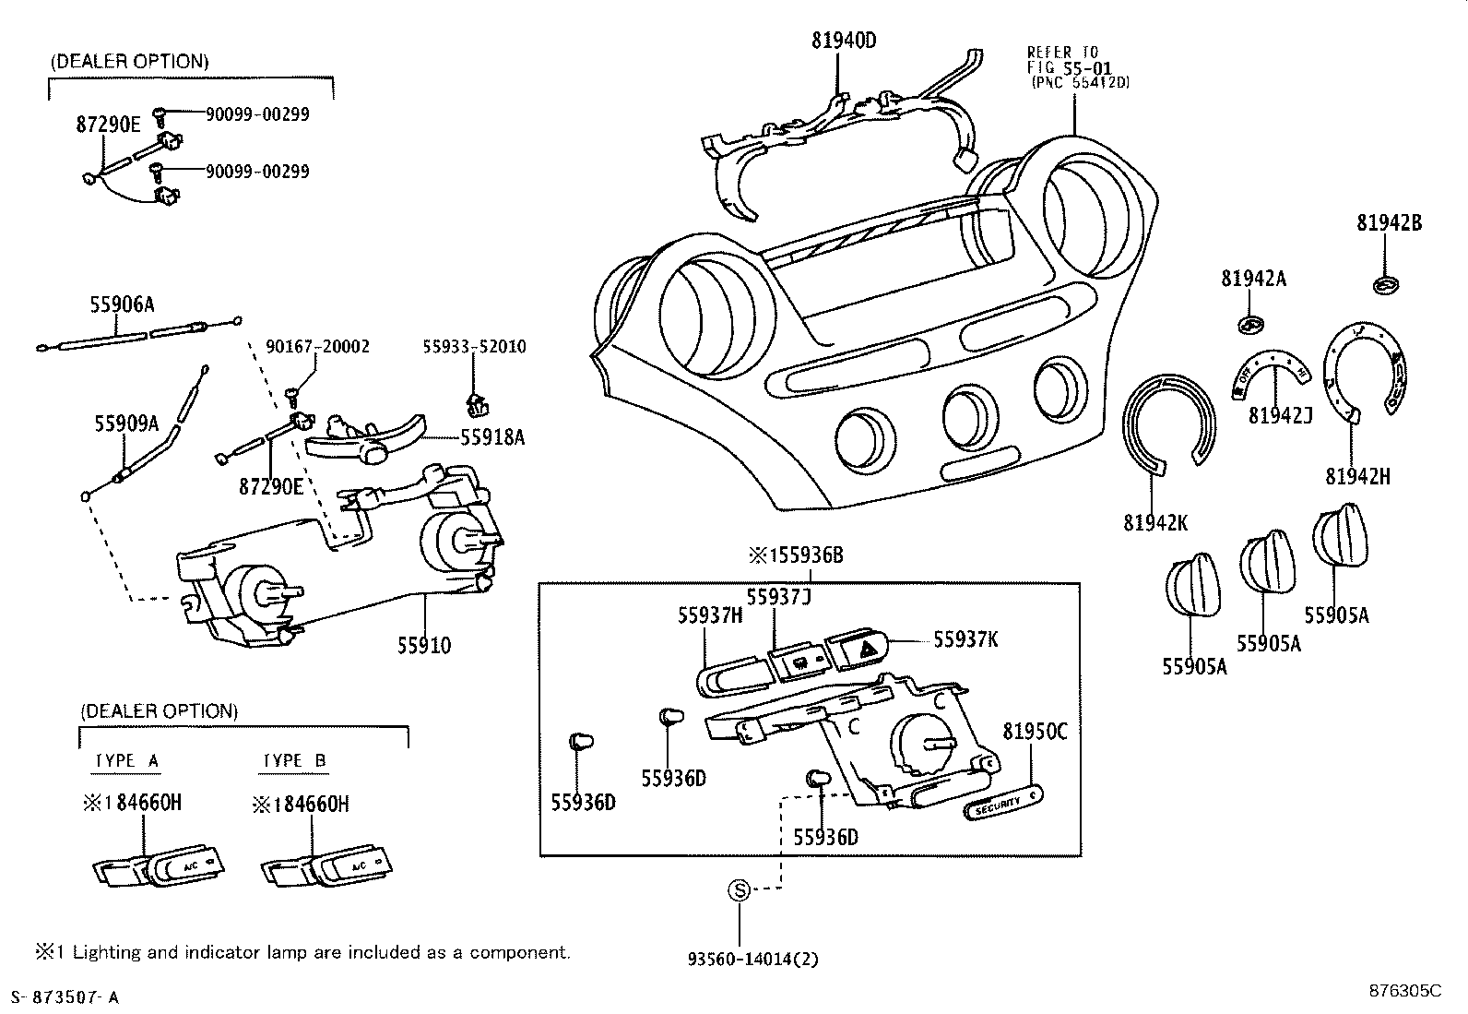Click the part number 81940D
(843, 41)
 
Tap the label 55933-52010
(474, 347)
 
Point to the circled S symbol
(739, 890)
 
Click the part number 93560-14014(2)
(752, 959)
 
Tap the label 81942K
(1155, 522)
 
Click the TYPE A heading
(127, 761)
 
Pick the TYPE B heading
(293, 761)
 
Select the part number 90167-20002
(317, 347)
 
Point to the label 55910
(424, 646)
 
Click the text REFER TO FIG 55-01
(1070, 61)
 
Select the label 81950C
(1035, 732)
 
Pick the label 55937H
(710, 616)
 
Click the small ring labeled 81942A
(1249, 324)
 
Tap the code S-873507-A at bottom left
(64, 996)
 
